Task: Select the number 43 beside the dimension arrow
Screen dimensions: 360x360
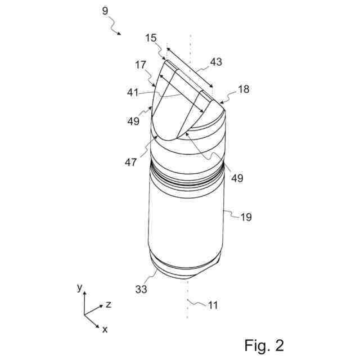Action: pyautogui.click(x=217, y=62)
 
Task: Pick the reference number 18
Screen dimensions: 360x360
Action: pyautogui.click(x=243, y=89)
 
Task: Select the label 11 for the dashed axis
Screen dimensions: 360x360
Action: pyautogui.click(x=213, y=305)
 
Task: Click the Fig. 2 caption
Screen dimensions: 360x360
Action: pyautogui.click(x=264, y=344)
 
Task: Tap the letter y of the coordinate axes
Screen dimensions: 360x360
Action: pyautogui.click(x=79, y=287)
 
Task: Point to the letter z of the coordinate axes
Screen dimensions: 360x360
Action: pyautogui.click(x=108, y=304)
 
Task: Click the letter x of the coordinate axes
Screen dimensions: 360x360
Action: pyautogui.click(x=105, y=330)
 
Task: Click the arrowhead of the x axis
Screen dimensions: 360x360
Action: pyautogui.click(x=98, y=326)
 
